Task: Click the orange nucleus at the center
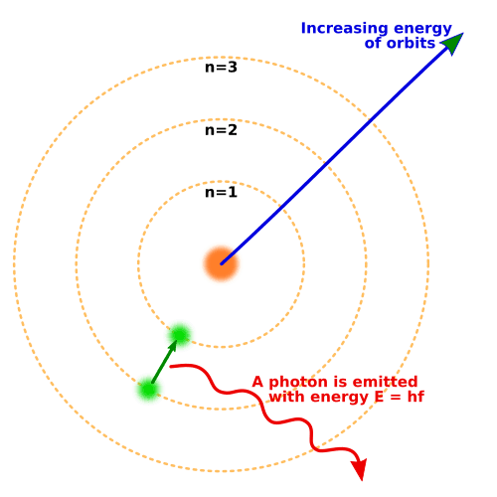tap(221, 263)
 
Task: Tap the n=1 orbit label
tap(221, 193)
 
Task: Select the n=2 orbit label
tap(221, 130)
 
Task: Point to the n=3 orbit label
tap(221, 68)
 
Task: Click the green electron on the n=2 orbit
tap(180, 336)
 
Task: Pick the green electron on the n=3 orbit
tap(148, 390)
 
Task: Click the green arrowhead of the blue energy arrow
tap(452, 44)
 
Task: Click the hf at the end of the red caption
tap(413, 398)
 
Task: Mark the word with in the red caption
tap(285, 398)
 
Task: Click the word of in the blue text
tap(373, 43)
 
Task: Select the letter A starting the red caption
tap(258, 383)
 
